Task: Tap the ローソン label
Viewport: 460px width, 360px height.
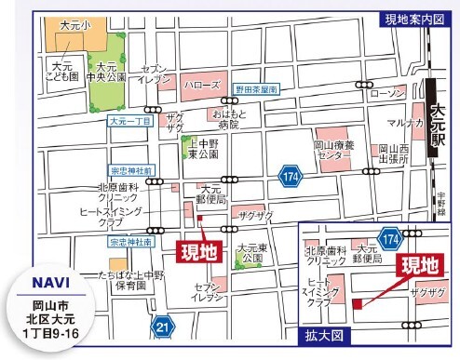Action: [x=388, y=93]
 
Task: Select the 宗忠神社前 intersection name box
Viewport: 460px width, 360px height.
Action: [x=131, y=171]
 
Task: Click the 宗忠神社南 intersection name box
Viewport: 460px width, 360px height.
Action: [x=129, y=241]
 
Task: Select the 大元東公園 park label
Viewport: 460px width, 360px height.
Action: [x=251, y=253]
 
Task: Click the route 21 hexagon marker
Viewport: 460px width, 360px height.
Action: [x=164, y=326]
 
